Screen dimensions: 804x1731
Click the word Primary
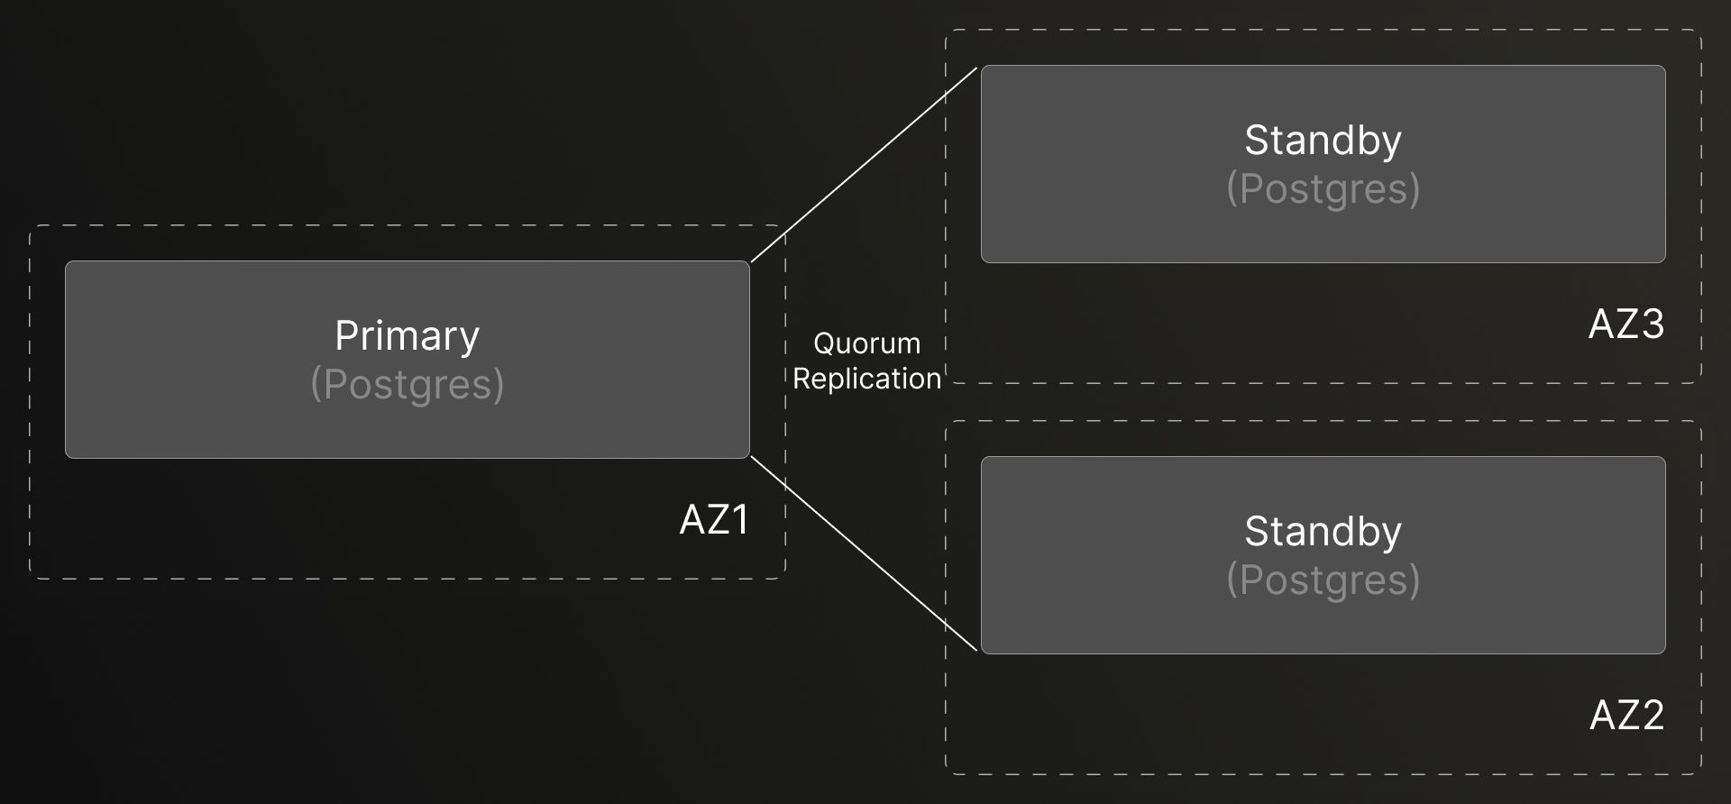pyautogui.click(x=407, y=336)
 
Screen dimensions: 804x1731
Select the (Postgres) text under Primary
pyautogui.click(x=407, y=385)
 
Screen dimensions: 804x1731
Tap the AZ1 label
pyautogui.click(x=714, y=520)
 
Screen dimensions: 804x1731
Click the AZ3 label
pyautogui.click(x=1626, y=324)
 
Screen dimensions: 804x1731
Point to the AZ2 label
pyautogui.click(x=1626, y=716)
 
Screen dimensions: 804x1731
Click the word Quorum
pyautogui.click(x=866, y=343)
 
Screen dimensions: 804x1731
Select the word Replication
pyautogui.click(x=866, y=379)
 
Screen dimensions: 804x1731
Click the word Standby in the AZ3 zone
pyautogui.click(x=1323, y=141)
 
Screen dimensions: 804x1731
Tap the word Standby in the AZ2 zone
pyautogui.click(x=1323, y=532)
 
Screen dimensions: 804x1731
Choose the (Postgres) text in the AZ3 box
pyautogui.click(x=1323, y=189)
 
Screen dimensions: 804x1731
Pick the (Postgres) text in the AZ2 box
pyautogui.click(x=1323, y=580)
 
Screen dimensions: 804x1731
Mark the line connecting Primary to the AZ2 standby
pyautogui.click(x=864, y=553)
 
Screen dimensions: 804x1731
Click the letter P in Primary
pyautogui.click(x=345, y=336)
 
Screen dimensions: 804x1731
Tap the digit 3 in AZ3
pyautogui.click(x=1652, y=324)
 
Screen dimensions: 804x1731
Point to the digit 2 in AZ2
pyautogui.click(x=1652, y=716)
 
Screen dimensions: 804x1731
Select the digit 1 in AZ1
pyautogui.click(x=739, y=520)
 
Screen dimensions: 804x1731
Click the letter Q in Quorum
pyautogui.click(x=824, y=343)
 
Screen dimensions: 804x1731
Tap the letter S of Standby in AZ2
pyautogui.click(x=1256, y=532)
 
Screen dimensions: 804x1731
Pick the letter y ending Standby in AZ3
pyautogui.click(x=1392, y=144)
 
